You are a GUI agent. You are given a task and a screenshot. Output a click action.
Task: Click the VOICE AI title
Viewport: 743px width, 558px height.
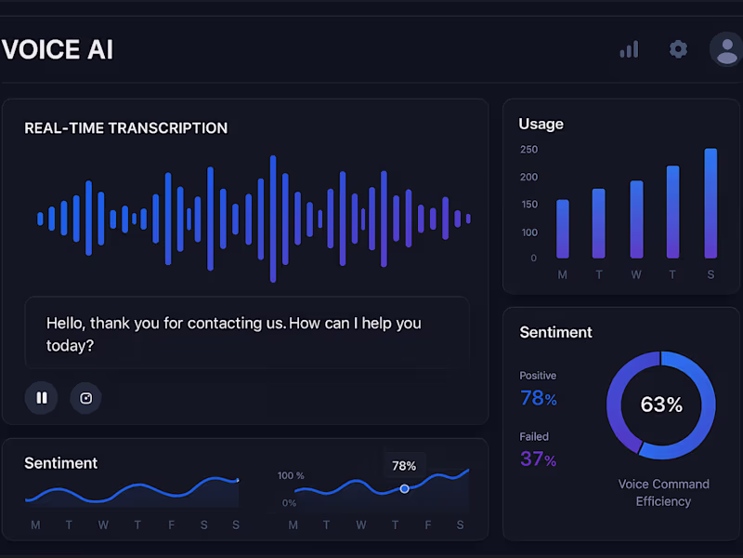pos(58,49)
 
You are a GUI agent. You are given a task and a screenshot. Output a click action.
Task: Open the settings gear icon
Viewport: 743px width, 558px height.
pos(678,49)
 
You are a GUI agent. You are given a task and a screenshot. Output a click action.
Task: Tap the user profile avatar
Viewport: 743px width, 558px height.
pos(726,49)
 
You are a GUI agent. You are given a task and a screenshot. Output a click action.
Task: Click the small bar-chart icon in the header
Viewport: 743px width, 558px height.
pos(630,49)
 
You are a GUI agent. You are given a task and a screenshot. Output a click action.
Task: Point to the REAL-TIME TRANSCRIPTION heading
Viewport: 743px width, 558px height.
pos(125,128)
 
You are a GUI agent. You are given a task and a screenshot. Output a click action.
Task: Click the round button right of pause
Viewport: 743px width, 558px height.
pos(86,398)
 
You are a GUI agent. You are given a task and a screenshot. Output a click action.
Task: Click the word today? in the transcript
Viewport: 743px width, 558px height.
pos(70,346)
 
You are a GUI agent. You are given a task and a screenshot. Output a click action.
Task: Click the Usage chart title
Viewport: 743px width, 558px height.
pos(541,124)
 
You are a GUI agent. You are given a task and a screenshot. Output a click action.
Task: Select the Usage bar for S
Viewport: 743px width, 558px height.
pos(710,204)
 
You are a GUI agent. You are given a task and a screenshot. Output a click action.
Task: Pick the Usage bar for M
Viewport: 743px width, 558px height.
pos(562,229)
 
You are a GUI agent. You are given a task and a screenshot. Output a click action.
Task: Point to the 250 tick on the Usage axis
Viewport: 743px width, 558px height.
pos(528,150)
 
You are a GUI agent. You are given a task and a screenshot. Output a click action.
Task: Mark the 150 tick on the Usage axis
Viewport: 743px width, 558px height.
pos(528,205)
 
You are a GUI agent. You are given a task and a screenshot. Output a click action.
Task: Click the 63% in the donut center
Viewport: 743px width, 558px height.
pos(661,405)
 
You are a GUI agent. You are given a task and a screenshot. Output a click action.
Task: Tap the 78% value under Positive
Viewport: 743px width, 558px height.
pos(539,399)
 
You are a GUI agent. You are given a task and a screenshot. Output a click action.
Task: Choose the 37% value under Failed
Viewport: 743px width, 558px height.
pos(539,459)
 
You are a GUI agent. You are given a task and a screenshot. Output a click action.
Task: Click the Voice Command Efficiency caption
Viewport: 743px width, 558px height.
pos(663,493)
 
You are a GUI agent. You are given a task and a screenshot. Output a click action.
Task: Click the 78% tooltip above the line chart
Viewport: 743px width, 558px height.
pos(404,466)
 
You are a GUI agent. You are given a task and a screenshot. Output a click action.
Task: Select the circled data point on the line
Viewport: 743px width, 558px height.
pos(404,488)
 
